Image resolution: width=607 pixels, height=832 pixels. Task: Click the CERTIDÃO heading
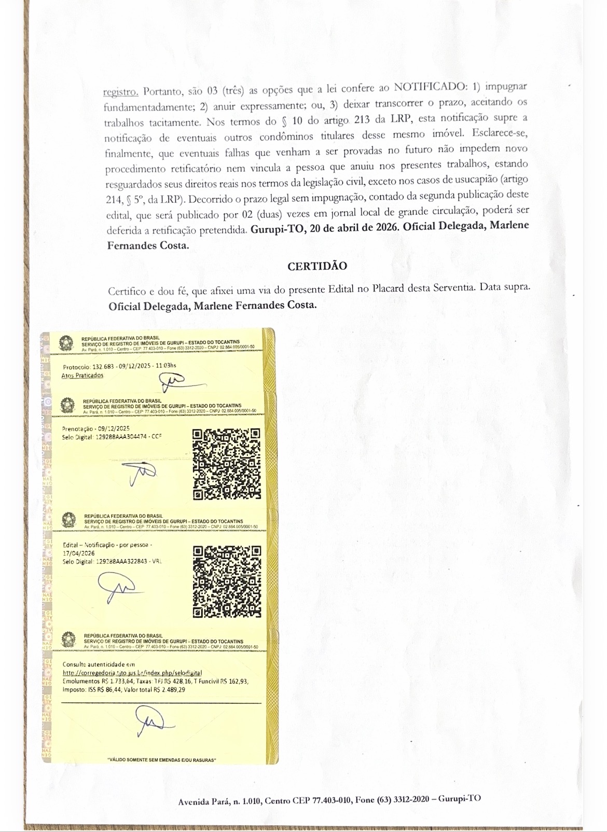pos(317,266)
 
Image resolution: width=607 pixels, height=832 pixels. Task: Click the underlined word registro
pos(120,92)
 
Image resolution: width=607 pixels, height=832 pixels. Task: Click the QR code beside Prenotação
pos(227,464)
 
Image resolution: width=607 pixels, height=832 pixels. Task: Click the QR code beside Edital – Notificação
pos(227,581)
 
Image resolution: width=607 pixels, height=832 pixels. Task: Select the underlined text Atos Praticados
pos(82,375)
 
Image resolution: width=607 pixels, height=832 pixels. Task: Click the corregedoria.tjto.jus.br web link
pos(132,673)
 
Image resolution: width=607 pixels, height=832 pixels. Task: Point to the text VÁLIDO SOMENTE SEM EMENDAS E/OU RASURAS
pos(161,760)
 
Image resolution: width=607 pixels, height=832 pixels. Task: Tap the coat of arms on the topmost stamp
pos(66,343)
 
